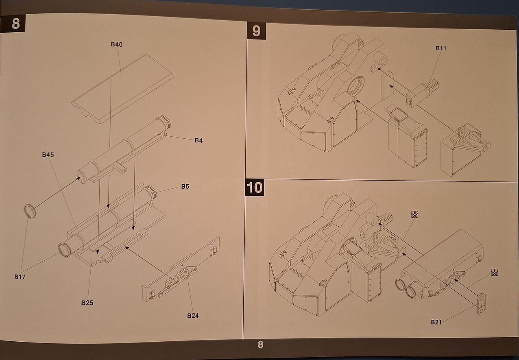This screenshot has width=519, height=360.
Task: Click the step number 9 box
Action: click(256, 31)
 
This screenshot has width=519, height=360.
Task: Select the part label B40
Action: click(117, 44)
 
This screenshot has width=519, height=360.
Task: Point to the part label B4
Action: click(198, 140)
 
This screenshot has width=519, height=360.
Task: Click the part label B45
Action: click(48, 155)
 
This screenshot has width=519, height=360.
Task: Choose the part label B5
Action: click(185, 186)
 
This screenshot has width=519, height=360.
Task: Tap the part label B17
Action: click(20, 277)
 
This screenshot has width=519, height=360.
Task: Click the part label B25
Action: click(87, 303)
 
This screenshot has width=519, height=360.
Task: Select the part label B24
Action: click(193, 316)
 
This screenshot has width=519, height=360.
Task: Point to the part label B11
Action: click(441, 48)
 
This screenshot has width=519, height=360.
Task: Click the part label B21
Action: click(436, 322)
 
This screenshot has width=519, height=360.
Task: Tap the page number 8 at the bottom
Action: click(260, 345)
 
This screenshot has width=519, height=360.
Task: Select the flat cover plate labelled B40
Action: click(122, 89)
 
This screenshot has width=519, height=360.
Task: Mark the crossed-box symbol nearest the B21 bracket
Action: click(494, 273)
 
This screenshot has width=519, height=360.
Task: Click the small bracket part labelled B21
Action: click(482, 303)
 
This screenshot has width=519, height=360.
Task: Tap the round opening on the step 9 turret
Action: click(355, 87)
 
